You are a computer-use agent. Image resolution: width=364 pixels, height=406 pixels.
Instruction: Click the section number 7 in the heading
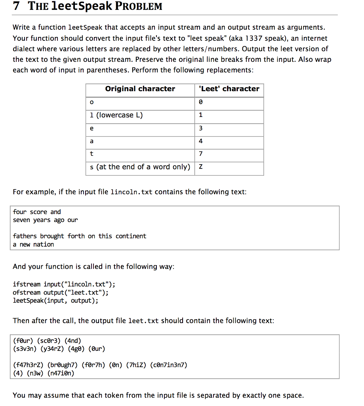16,6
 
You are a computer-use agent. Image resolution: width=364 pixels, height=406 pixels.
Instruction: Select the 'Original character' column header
140,89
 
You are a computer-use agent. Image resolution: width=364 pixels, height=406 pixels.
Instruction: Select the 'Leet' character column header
229,89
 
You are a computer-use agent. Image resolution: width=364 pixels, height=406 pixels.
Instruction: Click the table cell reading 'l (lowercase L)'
116,115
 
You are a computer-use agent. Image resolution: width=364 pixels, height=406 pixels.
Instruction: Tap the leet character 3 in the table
201,128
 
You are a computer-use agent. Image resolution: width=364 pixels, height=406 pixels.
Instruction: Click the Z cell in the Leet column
201,167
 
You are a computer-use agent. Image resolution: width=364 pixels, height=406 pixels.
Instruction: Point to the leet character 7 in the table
201,154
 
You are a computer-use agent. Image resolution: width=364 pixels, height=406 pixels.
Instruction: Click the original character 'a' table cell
92,141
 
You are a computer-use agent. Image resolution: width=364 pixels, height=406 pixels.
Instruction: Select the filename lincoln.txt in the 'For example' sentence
131,192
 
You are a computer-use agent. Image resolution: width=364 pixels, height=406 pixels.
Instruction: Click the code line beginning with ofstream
61,293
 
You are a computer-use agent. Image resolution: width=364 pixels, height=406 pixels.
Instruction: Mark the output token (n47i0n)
61,373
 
